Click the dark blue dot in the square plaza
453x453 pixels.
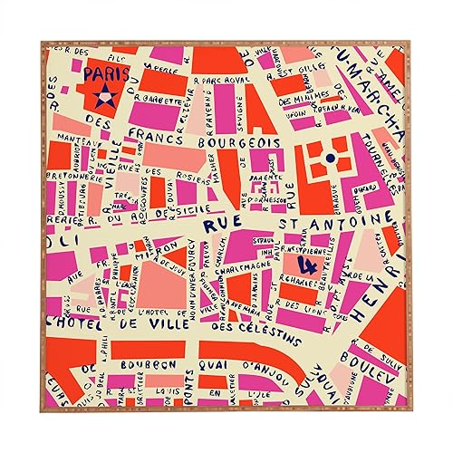pyautogui.click(x=330, y=159)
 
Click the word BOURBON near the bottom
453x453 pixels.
pyautogui.click(x=157, y=364)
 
